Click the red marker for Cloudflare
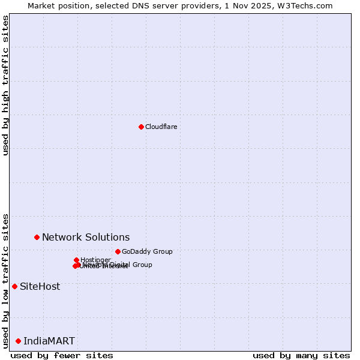click(141, 127)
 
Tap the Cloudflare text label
click(161, 127)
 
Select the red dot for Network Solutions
click(37, 237)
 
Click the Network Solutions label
click(86, 237)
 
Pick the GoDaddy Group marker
click(118, 251)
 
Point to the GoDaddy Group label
click(147, 251)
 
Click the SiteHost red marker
click(14, 286)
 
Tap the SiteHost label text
click(40, 286)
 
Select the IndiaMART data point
click(18, 341)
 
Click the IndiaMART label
click(49, 341)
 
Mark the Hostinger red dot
click(76, 260)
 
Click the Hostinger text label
click(95, 260)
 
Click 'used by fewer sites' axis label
click(62, 355)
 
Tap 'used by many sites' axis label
click(301, 355)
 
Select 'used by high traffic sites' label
click(5, 85)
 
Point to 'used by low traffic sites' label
click(5, 281)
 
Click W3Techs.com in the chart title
click(304, 5)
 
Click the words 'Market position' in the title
click(56, 5)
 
